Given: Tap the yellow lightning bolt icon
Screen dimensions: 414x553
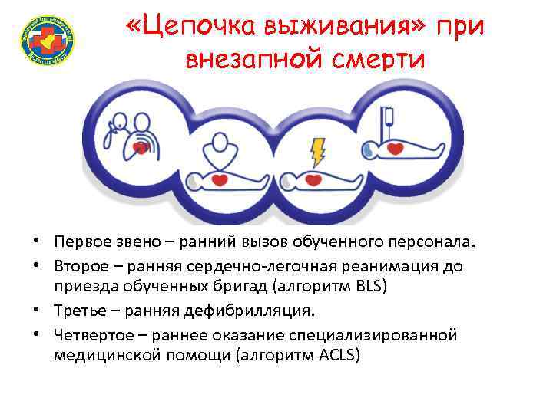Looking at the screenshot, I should pos(316,150).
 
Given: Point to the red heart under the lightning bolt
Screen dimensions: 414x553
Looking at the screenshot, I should pos(313,180).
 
